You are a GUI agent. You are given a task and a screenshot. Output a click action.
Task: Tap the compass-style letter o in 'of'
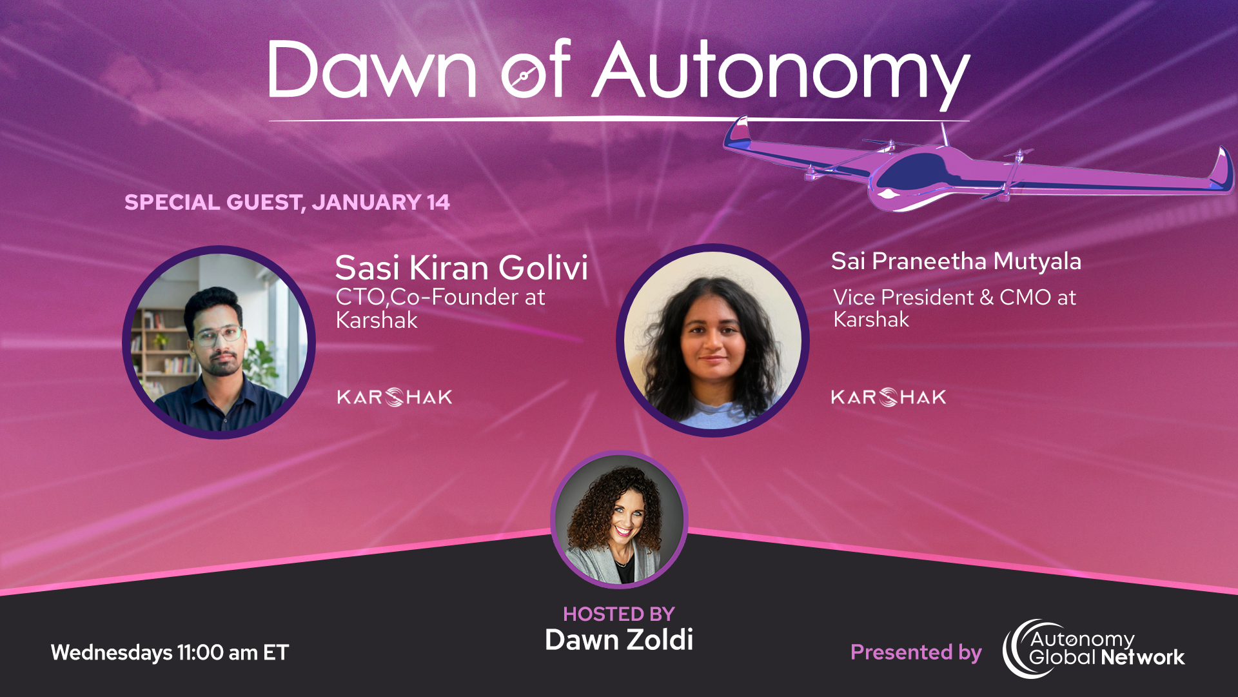tap(524, 77)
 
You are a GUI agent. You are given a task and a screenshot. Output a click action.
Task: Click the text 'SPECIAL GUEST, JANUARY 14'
tap(287, 202)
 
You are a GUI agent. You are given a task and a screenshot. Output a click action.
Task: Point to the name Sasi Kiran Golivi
tap(461, 267)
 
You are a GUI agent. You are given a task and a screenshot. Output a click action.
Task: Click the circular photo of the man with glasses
tap(219, 342)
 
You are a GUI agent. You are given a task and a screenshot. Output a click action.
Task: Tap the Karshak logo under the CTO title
tap(395, 397)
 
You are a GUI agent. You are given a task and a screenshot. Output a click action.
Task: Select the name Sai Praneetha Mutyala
tap(956, 261)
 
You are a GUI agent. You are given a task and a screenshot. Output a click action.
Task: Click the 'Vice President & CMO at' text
tap(954, 298)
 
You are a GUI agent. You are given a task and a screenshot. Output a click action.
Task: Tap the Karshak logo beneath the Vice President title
tap(889, 397)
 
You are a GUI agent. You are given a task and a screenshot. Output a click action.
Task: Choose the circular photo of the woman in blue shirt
tap(712, 340)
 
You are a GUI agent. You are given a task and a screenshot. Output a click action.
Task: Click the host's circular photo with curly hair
tap(619, 520)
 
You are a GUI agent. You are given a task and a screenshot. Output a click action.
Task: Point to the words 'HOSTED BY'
tap(618, 614)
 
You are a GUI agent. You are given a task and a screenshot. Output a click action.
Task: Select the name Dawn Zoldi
tap(618, 640)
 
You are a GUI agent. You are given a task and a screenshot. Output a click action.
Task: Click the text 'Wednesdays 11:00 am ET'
tap(170, 652)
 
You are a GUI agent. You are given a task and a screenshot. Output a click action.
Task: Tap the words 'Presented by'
tap(916, 652)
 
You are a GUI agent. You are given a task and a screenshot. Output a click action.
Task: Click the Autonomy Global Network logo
tap(1094, 649)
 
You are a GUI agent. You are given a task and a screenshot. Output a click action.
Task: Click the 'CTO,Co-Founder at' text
tap(440, 297)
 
